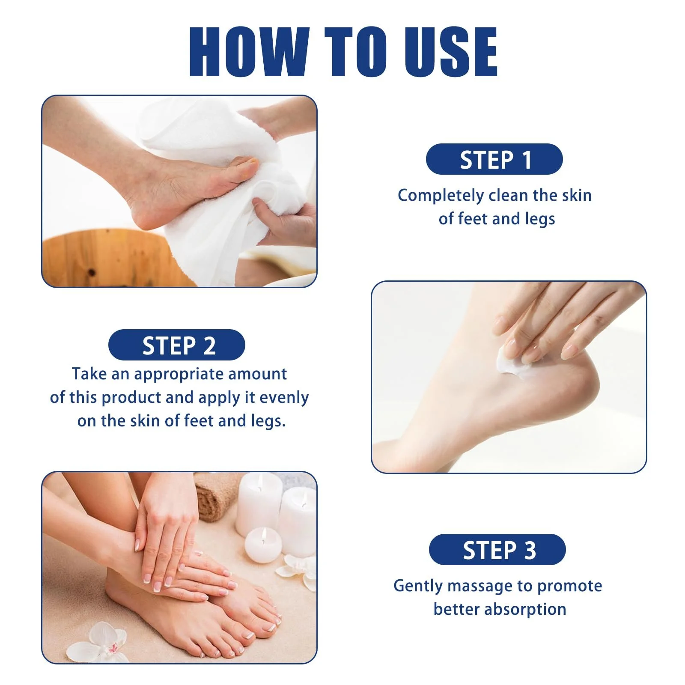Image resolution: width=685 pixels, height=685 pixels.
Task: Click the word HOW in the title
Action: [249, 51]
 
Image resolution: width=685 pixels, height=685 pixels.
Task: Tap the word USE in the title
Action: [451, 51]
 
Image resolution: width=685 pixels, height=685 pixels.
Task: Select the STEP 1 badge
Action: [494, 159]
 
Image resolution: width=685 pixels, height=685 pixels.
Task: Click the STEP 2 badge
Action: [177, 345]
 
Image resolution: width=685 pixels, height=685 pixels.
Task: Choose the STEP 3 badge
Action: [497, 550]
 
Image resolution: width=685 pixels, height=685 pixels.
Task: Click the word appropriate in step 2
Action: [179, 375]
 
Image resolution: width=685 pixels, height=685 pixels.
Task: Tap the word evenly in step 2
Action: [284, 398]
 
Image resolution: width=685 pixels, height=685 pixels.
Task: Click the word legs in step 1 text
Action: [540, 220]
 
